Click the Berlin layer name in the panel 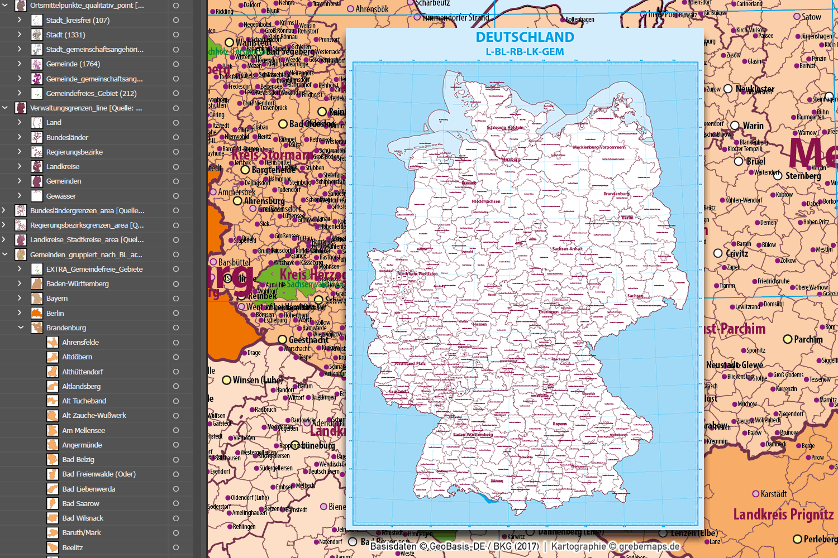(x=55, y=313)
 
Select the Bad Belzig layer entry (x=78, y=459)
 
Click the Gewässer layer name (x=61, y=196)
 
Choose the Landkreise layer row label (x=63, y=166)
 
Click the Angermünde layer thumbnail (x=53, y=445)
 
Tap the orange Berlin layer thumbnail (x=37, y=313)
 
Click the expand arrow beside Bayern (x=20, y=298)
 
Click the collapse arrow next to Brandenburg (x=20, y=328)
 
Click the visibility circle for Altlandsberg (x=176, y=386)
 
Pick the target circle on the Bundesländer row (x=176, y=137)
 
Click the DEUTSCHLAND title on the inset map (x=525, y=37)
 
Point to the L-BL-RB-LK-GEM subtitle (x=525, y=52)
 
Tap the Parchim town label (x=808, y=339)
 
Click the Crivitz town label (x=737, y=253)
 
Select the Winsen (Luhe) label (x=258, y=380)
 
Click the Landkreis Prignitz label (x=783, y=514)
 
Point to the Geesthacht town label (x=308, y=339)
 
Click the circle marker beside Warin (x=735, y=126)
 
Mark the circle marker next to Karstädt (x=756, y=494)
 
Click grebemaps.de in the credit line (x=649, y=546)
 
